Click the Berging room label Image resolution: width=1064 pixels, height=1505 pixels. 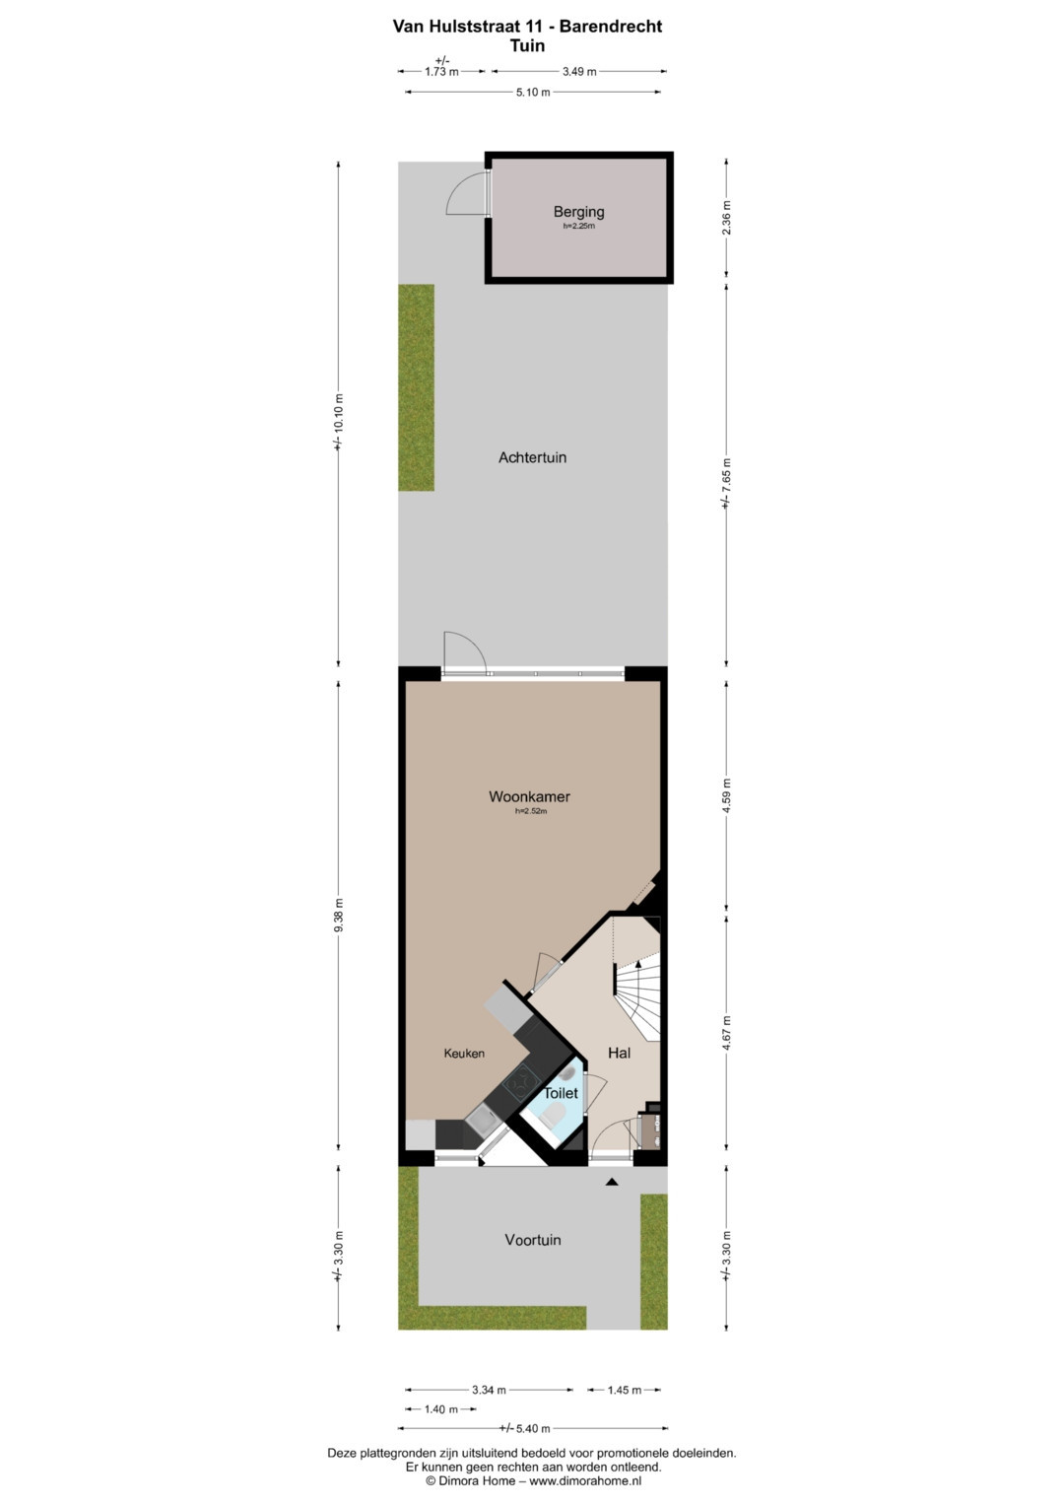click(x=578, y=212)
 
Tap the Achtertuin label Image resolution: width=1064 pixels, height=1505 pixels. click(x=532, y=457)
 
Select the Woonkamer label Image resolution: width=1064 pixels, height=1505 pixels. click(x=529, y=796)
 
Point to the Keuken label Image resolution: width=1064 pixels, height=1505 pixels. click(x=464, y=1054)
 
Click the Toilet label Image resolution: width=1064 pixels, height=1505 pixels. click(x=561, y=1093)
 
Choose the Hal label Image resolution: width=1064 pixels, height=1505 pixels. click(x=619, y=1053)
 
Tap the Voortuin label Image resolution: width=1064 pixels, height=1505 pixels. click(x=533, y=1240)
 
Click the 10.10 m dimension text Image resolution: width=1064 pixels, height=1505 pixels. click(x=338, y=421)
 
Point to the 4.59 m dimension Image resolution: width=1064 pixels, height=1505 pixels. click(x=726, y=796)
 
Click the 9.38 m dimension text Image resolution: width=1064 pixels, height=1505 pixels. click(x=338, y=915)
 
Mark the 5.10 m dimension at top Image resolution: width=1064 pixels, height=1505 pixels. click(x=533, y=92)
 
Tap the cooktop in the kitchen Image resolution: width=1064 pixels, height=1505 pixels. click(x=520, y=1084)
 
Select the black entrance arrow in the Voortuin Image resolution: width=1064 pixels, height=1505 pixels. click(x=611, y=1181)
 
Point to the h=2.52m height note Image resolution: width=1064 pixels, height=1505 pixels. click(x=531, y=811)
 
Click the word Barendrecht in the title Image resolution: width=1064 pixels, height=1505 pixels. click(x=611, y=27)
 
